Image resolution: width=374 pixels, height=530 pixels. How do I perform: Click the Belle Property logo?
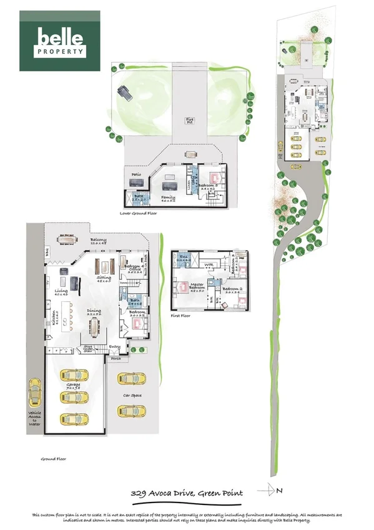click(61, 41)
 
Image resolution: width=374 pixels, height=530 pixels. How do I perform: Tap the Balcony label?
click(97, 240)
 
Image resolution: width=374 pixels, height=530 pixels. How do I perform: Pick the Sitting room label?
click(104, 279)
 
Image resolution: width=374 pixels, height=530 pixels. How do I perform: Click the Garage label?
click(74, 386)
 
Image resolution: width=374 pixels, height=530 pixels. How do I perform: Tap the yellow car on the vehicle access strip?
click(34, 392)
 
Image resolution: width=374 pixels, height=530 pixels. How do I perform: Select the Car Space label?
click(132, 395)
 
